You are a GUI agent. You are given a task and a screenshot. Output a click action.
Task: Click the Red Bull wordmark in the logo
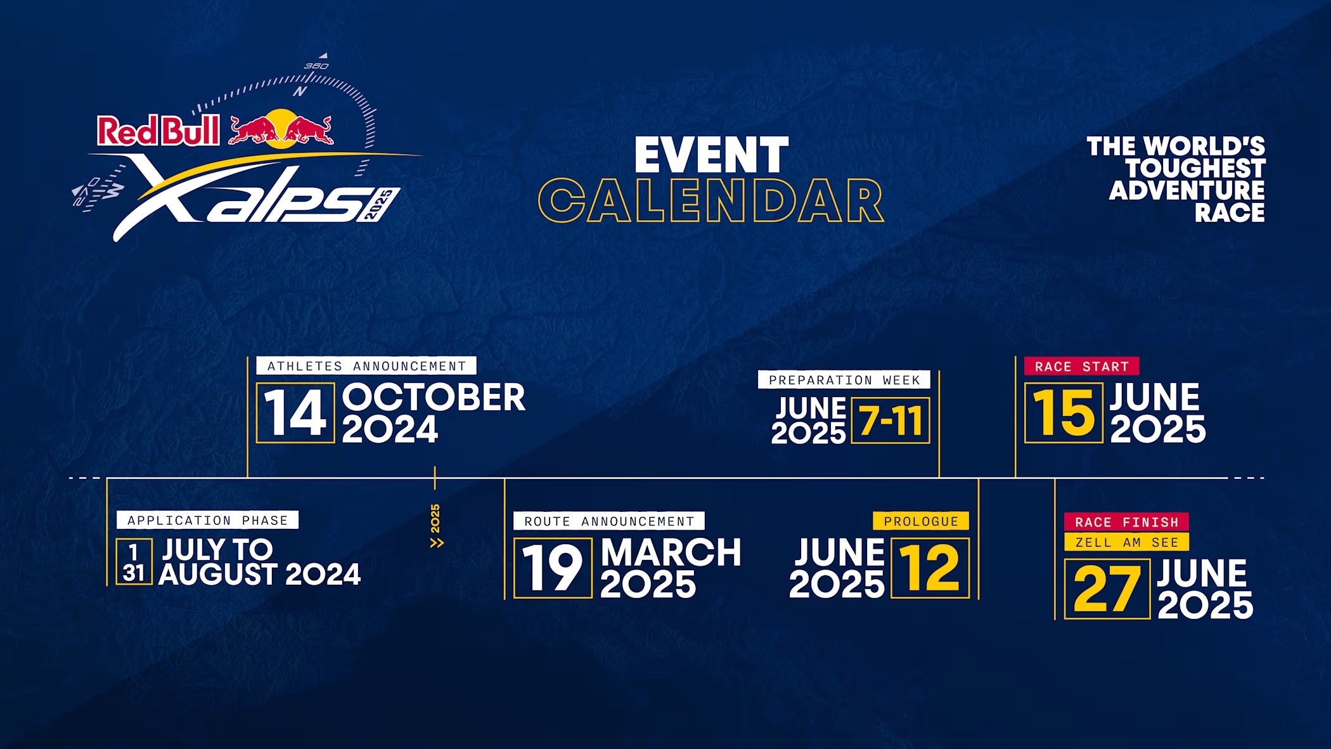coord(158,131)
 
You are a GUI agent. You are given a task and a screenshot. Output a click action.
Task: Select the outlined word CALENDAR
coord(711,200)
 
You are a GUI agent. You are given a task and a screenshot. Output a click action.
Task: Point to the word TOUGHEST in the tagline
coord(1195,169)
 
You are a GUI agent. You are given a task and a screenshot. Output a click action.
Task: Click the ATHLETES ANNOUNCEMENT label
coord(366,366)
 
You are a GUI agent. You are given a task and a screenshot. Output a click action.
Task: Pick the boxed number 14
coord(295,413)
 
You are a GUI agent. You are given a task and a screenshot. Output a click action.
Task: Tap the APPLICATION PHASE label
coord(207,520)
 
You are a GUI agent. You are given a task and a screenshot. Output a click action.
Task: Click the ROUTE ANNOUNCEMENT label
coord(609,521)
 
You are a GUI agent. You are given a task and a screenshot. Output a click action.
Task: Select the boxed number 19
coord(553,568)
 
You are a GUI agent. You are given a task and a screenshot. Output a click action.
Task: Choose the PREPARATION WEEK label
coord(844,380)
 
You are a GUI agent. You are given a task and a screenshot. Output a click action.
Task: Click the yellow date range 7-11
coord(891,420)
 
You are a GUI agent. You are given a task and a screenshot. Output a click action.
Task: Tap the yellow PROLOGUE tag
coord(921,521)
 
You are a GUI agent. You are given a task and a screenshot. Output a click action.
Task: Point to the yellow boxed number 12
coord(930,568)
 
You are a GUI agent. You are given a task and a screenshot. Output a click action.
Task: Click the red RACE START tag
coord(1082,366)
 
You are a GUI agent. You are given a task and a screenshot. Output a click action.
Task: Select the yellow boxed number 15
coord(1064,413)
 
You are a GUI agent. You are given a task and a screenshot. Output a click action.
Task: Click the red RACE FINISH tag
coord(1126,522)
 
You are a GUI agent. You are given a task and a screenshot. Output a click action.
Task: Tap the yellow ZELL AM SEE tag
coord(1126,542)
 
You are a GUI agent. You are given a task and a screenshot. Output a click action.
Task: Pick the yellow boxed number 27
coord(1107,589)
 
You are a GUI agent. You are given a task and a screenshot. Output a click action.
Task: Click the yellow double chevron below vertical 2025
coord(437,543)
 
